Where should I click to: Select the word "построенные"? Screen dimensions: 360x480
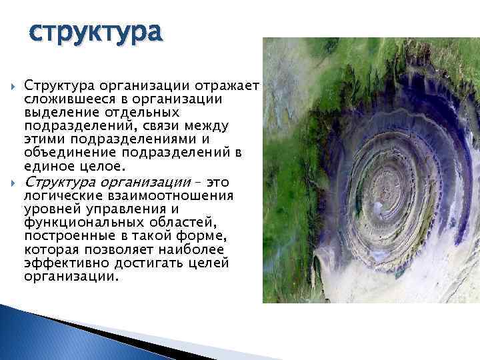coord(64,237)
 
